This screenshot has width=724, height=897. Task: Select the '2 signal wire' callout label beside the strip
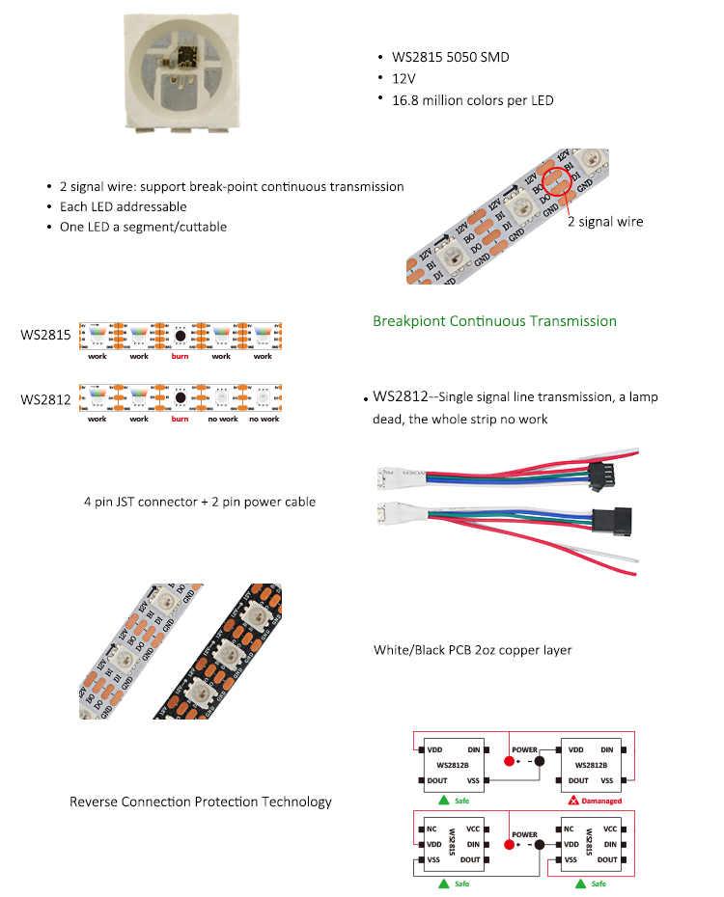[x=604, y=222]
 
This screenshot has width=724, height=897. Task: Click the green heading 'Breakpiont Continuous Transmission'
[x=494, y=321]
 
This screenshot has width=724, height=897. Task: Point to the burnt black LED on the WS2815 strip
[x=180, y=336]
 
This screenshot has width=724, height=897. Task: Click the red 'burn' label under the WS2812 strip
[x=180, y=420]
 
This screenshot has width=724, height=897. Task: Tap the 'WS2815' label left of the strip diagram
[x=45, y=336]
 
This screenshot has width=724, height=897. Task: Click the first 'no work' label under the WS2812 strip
[x=221, y=420]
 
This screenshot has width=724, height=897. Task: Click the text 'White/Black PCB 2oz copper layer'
[x=472, y=650]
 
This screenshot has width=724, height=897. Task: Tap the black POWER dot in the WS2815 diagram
[x=540, y=845]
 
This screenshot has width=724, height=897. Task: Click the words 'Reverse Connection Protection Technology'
[x=200, y=802]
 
